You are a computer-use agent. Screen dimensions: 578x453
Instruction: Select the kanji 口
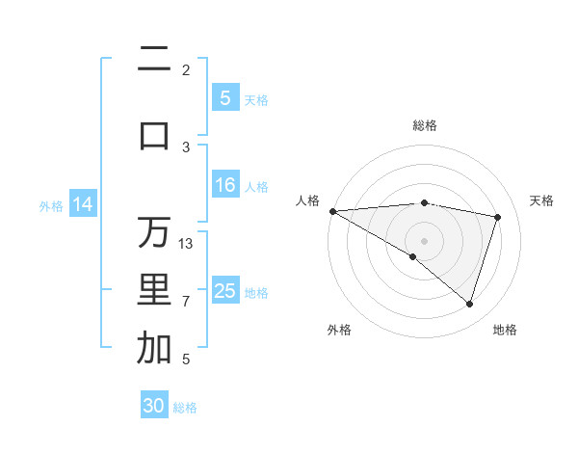tap(154, 136)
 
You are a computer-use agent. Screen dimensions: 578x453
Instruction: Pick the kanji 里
tap(154, 290)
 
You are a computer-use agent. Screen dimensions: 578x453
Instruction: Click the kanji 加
tap(154, 349)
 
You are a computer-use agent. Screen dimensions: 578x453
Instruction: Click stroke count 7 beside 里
tap(186, 302)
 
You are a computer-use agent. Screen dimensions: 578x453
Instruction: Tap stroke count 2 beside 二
tap(186, 70)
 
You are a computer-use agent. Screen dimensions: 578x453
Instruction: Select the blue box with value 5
tap(225, 98)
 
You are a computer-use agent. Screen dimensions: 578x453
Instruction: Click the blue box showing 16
tap(225, 185)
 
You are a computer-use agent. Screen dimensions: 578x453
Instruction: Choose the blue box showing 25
tap(225, 291)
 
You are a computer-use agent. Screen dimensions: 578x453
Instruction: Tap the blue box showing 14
tap(83, 204)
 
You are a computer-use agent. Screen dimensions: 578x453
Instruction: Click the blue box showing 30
tap(154, 406)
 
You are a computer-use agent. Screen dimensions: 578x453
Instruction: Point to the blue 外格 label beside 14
tap(51, 205)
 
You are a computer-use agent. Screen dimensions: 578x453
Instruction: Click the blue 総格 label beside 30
tap(185, 408)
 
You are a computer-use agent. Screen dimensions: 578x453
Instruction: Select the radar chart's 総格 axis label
tap(425, 125)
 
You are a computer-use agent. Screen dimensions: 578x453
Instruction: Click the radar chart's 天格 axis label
tap(542, 200)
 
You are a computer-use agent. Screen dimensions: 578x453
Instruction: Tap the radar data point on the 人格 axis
tap(332, 211)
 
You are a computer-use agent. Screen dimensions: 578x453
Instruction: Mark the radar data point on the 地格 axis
tap(469, 305)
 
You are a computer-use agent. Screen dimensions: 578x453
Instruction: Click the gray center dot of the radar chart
tap(424, 240)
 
